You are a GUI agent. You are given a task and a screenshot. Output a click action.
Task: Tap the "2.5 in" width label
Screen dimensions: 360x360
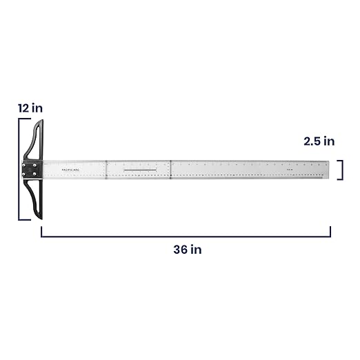pos(319,141)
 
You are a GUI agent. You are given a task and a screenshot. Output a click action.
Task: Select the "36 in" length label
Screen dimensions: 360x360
pos(187,249)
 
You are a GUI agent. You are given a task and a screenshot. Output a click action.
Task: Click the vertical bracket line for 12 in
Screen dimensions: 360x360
pos(20,170)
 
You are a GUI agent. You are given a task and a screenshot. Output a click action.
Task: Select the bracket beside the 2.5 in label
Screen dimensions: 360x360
pos(341,170)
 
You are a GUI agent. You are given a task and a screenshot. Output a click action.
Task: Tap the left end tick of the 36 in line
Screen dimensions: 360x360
pos(41,231)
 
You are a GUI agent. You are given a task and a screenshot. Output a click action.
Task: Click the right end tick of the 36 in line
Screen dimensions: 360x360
pos(330,231)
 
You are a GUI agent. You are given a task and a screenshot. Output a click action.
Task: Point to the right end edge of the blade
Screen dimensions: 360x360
pos(330,170)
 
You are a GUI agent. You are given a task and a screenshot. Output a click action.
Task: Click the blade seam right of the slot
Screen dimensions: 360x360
pos(170,170)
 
